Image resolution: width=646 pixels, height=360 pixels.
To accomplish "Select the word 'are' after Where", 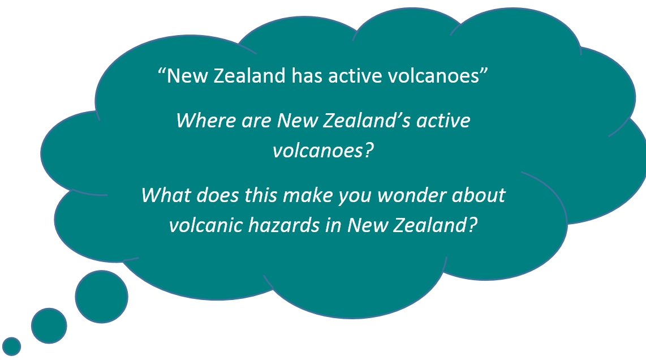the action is (x=256, y=121).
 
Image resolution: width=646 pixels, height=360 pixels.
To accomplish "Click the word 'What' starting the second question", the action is (x=166, y=195).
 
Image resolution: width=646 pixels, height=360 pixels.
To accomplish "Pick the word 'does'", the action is (x=218, y=195).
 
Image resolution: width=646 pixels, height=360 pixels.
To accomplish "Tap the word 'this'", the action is (x=261, y=195).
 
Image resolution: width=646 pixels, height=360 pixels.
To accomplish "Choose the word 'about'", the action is (x=479, y=195).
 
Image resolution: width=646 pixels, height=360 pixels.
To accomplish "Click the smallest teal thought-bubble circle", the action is (x=11, y=346).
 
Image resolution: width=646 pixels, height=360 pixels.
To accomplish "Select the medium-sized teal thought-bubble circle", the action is (x=49, y=326).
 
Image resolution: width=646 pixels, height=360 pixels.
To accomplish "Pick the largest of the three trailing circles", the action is (x=101, y=297).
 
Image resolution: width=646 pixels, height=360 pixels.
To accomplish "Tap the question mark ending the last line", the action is (x=472, y=225).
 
